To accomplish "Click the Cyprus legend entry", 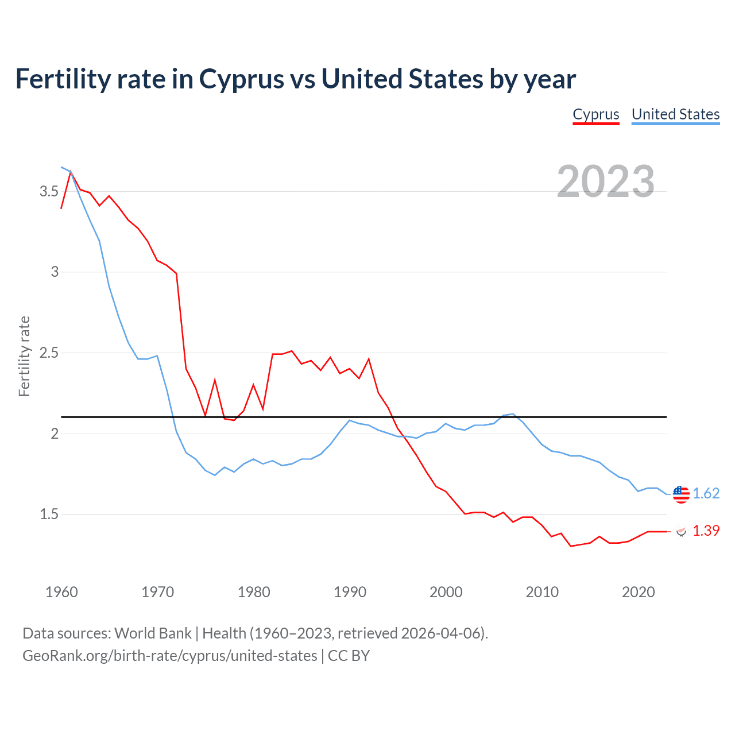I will point(596,114).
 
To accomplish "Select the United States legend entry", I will point(675,114).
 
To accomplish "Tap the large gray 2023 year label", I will point(606,181).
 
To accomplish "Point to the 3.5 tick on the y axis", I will point(49,191).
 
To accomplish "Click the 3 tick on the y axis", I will point(55,272).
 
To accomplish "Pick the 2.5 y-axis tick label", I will point(49,353).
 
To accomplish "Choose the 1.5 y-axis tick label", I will point(49,514).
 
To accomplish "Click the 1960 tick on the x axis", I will point(61,592).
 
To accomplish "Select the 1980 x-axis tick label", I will point(254,592).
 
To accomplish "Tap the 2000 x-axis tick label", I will point(446,592).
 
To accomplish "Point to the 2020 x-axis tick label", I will point(638,592).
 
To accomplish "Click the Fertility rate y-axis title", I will point(24,356).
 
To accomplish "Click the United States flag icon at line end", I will point(681,494).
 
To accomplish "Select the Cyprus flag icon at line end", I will point(681,531).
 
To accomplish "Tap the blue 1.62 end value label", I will point(706,494).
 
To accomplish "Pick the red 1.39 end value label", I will point(706,531).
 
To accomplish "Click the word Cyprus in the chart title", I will point(242,79).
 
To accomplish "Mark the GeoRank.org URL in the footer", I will point(169,656).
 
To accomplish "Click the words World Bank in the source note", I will point(153,633).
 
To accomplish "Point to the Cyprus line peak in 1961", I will point(71,171).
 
